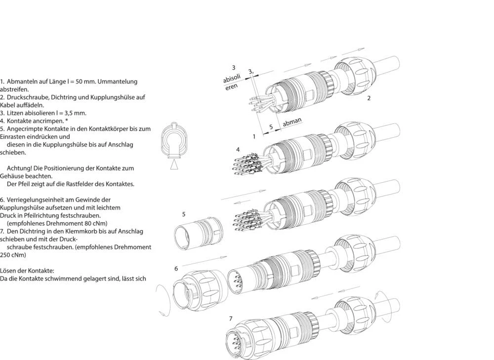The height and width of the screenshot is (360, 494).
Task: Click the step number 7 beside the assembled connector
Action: [x=230, y=319]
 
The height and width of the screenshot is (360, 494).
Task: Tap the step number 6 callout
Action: [x=176, y=268]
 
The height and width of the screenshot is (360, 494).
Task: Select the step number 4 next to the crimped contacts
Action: [x=238, y=149]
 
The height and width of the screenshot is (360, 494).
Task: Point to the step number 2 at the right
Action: [x=369, y=98]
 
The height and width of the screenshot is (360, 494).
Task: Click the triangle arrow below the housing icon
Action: [x=173, y=165]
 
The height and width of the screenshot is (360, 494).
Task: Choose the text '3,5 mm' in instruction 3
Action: [x=76, y=113]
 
